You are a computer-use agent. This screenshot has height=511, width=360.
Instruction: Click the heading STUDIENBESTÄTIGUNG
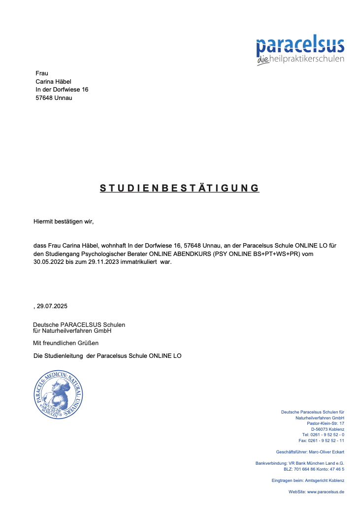pos(179,188)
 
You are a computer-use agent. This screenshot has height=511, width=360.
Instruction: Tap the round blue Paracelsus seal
pos(58,394)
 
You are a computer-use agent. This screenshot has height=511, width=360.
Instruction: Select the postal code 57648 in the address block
pos(44,97)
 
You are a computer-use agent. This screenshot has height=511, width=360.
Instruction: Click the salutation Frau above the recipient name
pos(42,73)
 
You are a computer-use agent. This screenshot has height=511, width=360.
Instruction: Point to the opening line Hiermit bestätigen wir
pos(64,222)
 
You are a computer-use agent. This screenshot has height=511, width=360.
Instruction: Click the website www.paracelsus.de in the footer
pos(326,492)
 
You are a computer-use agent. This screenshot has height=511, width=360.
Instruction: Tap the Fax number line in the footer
pos(321,441)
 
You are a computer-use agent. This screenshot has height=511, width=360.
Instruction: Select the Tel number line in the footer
pos(323,435)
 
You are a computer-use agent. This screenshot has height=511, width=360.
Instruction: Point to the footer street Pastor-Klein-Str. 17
pos(325,423)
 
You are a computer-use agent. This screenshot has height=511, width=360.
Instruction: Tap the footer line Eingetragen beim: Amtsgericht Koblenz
pos(308,480)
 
